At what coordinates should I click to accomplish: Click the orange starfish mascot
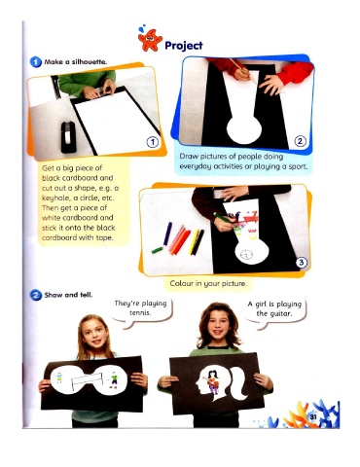[x=150, y=40]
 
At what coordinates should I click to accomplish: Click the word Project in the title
[x=184, y=46]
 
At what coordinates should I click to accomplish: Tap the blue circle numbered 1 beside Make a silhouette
[x=36, y=62]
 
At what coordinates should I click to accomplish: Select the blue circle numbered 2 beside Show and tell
[x=36, y=295]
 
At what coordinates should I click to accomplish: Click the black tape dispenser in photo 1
[x=68, y=137]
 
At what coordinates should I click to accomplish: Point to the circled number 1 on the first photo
[x=153, y=142]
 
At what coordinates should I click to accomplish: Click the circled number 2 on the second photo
[x=300, y=141]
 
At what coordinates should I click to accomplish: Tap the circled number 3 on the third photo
[x=302, y=262]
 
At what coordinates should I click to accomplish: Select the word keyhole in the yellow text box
[x=54, y=198]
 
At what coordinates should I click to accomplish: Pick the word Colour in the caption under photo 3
[x=182, y=283]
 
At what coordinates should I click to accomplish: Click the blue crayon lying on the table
[x=167, y=233]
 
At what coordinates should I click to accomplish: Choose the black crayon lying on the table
[x=198, y=242]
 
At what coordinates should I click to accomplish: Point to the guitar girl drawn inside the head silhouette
[x=212, y=381]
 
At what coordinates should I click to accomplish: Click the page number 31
[x=313, y=416]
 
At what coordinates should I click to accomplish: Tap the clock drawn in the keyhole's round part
[x=247, y=255]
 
